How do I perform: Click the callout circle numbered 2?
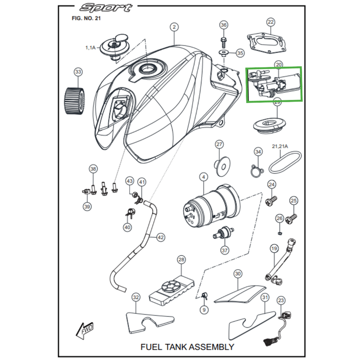point(175,27)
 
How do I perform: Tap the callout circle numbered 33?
point(78,72)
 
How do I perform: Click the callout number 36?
point(224,25)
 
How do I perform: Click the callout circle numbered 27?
point(219,144)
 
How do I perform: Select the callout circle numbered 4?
point(204,178)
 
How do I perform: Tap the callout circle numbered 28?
point(181,260)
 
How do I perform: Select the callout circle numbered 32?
point(135,297)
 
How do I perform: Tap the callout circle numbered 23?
point(282,300)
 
